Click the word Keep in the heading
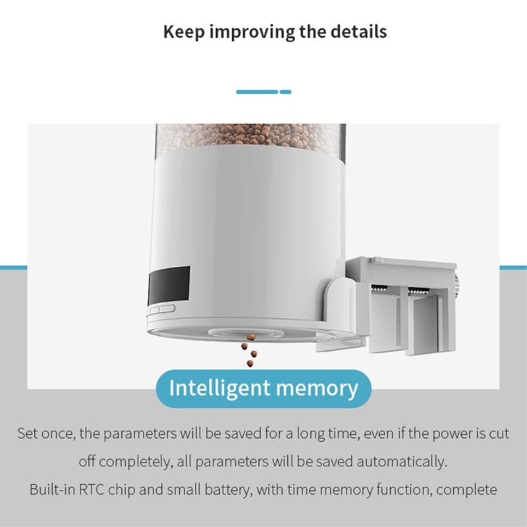point(184,32)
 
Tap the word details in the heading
point(358,31)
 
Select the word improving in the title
point(252,32)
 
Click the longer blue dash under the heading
point(257,92)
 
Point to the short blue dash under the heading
point(286,92)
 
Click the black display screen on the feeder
point(169,285)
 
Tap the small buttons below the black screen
point(161,309)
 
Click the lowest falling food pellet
point(250,363)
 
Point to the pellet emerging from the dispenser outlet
point(251,336)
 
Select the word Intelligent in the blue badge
point(219,388)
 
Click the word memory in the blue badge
point(317,389)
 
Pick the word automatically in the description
point(402,462)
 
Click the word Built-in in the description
point(53,489)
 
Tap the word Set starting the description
point(28,433)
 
